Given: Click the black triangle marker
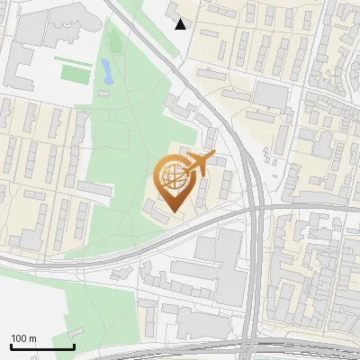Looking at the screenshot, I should (181, 24).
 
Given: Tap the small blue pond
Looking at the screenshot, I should (107, 71).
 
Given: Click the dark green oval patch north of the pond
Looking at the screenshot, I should (113, 40).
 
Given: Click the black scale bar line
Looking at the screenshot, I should (42, 346).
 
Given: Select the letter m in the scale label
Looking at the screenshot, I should (33, 338).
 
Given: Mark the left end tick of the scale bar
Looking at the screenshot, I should (11, 345).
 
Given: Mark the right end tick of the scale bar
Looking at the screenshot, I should (74, 345).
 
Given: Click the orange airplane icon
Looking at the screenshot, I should (197, 164).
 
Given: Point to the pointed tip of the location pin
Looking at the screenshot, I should (172, 212).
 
